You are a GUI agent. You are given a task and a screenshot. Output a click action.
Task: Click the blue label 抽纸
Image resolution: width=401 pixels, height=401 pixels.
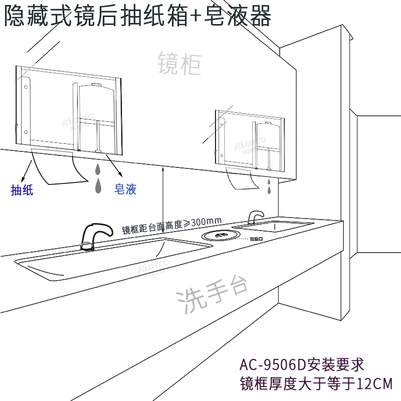click(x=22, y=190)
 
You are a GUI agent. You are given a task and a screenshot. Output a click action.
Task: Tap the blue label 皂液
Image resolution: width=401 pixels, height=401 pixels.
click(x=126, y=189)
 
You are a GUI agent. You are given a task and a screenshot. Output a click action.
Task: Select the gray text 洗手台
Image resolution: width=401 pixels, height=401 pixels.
click(x=213, y=296)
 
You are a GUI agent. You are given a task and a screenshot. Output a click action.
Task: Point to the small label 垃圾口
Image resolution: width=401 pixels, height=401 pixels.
click(x=257, y=240)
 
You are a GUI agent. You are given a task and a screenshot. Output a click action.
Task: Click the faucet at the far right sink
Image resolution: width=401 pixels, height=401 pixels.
click(x=255, y=217)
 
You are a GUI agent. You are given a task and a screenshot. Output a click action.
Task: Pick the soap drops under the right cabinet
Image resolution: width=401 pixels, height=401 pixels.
click(x=270, y=186)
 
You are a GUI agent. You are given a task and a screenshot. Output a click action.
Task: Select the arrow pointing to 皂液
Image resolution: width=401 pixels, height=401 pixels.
click(x=115, y=171)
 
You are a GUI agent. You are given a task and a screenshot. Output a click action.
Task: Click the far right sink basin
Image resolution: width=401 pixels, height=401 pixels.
click(x=273, y=226)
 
